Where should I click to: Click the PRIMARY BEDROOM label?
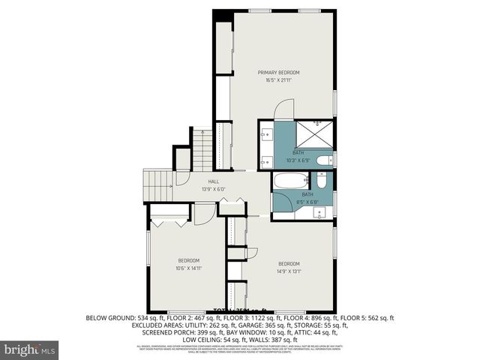(x=279, y=73)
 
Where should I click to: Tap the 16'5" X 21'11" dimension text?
(x=279, y=81)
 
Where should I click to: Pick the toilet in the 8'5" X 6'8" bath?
(x=321, y=181)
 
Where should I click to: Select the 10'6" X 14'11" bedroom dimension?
(x=188, y=268)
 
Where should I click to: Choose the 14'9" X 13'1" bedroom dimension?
(x=289, y=271)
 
